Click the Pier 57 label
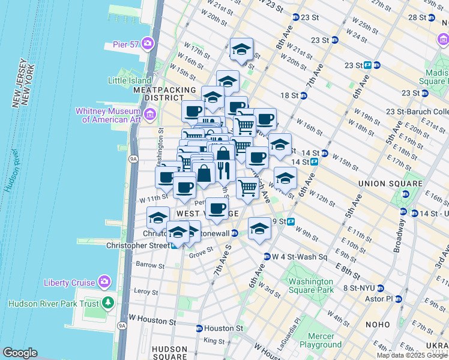tap(126, 44)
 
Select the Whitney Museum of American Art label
tap(108, 115)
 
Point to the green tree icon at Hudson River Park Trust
tap(107, 302)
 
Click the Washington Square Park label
tap(310, 286)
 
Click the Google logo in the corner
tap(20, 353)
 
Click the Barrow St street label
tap(146, 264)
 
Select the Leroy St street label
tap(146, 292)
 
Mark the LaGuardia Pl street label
tap(295, 328)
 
